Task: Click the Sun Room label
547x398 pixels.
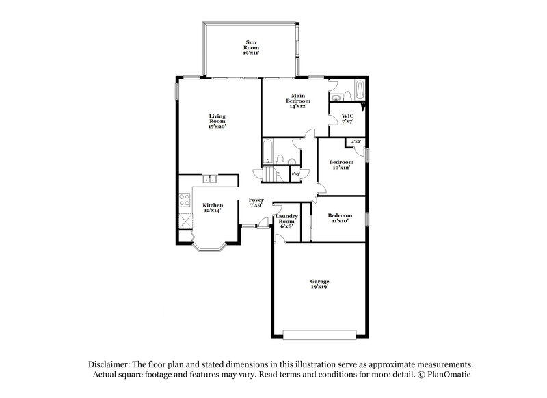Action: coord(251,47)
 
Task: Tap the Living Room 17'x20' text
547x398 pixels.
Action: coord(217,121)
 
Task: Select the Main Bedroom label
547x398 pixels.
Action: coord(297,101)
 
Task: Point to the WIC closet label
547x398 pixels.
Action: coord(347,118)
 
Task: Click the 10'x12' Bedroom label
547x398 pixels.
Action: coord(341,164)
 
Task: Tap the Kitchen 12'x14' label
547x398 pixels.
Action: coord(213,207)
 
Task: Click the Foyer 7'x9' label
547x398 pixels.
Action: coord(256,202)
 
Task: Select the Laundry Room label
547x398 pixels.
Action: coord(285,222)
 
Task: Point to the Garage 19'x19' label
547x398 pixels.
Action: coord(320,284)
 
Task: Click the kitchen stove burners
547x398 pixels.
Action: coord(184,200)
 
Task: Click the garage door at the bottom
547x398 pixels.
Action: coord(320,335)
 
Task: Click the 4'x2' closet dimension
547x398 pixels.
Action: coord(356,142)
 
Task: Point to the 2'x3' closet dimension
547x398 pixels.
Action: coord(296,174)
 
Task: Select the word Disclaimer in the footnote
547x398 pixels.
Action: coord(110,365)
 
